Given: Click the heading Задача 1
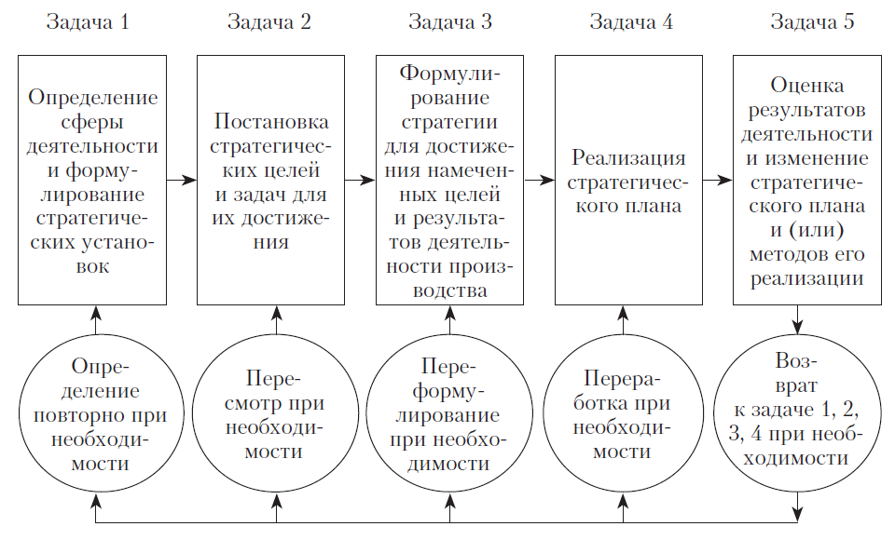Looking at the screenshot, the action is (x=88, y=21).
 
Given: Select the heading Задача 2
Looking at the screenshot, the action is (x=268, y=21).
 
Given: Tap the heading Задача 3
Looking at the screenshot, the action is (x=449, y=21).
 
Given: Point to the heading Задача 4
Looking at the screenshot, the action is (x=631, y=21).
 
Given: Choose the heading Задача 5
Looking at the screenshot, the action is (x=812, y=21).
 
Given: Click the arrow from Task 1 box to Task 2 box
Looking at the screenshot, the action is (x=182, y=181).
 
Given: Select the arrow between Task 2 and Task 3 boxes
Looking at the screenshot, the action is (x=360, y=181).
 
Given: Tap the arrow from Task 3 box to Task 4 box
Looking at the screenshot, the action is (x=540, y=181).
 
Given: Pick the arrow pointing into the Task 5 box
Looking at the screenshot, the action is (x=718, y=181).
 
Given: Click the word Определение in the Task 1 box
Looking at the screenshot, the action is (x=93, y=98).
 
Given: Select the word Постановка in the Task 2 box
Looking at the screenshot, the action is (x=271, y=121).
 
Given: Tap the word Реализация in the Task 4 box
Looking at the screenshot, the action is (x=629, y=158).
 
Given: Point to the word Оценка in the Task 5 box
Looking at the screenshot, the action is (x=806, y=86).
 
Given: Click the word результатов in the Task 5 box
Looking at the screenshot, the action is (x=806, y=110).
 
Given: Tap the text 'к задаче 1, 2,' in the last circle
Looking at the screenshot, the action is (x=796, y=410).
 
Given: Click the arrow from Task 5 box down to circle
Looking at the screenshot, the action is (x=797, y=319).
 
